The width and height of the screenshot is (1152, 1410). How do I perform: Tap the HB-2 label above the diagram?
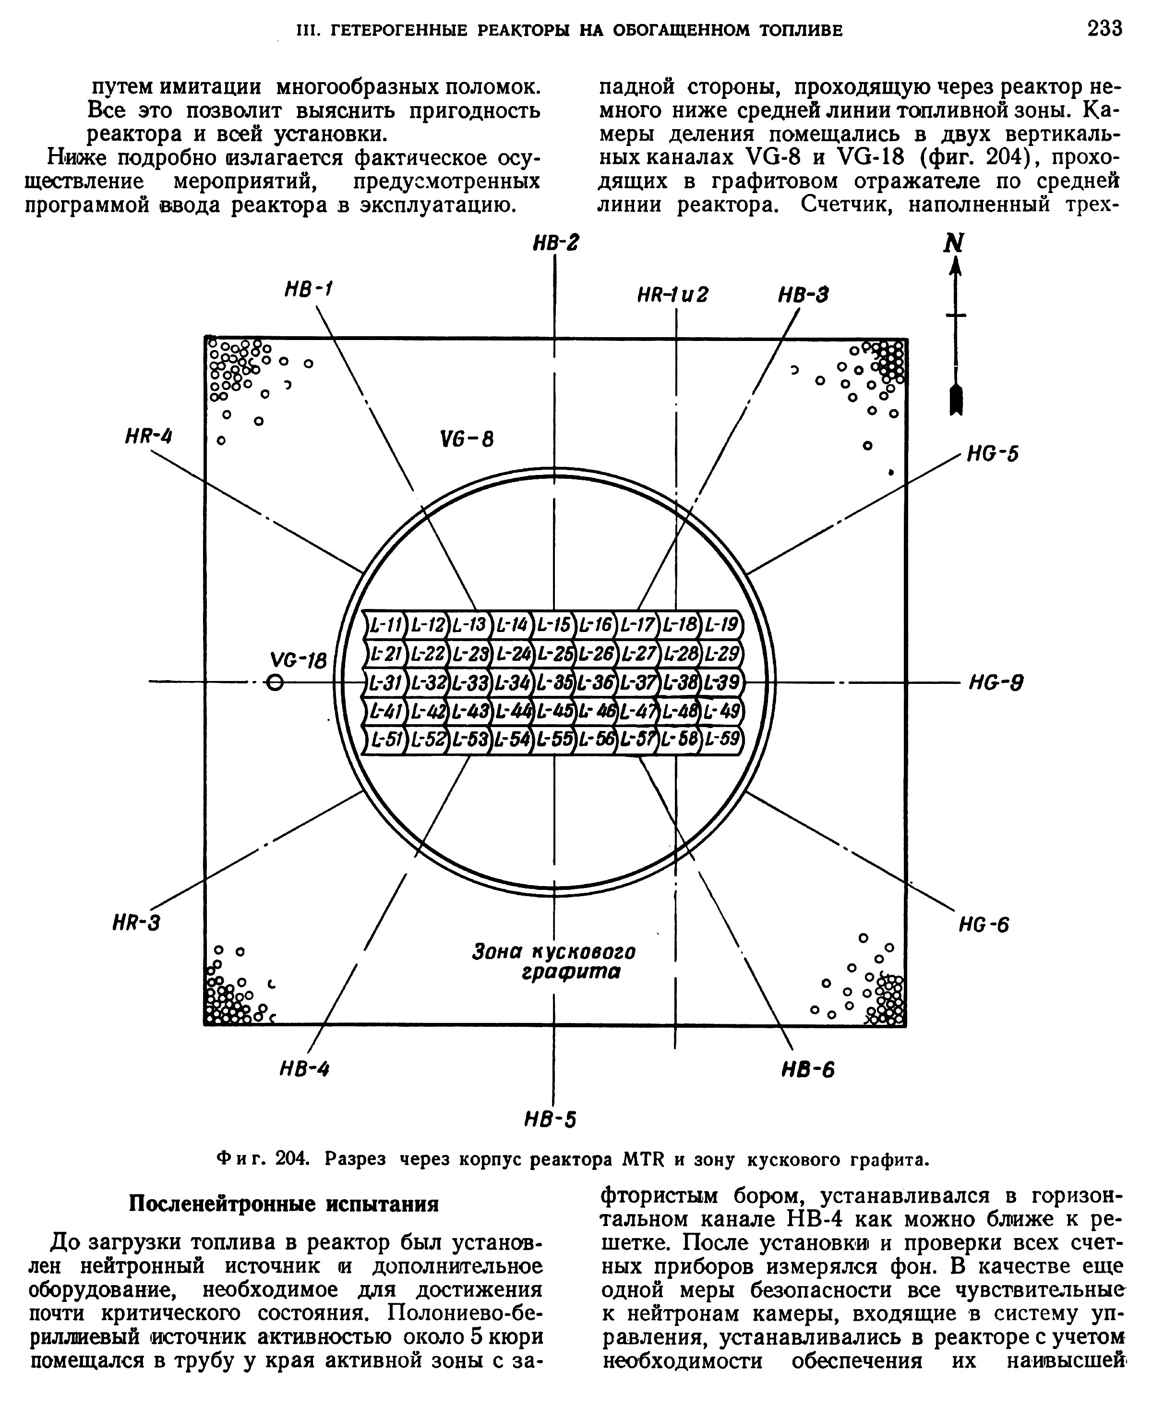point(555,243)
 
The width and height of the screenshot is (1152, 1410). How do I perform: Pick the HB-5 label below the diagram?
point(550,1120)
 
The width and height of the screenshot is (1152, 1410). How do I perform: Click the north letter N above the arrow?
point(954,243)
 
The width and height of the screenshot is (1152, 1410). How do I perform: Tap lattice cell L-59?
point(722,738)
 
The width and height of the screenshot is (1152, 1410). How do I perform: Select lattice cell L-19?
point(721,625)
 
